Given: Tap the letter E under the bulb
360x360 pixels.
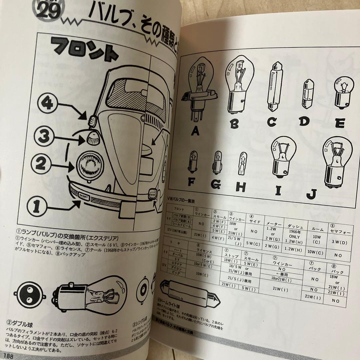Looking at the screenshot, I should (340, 123).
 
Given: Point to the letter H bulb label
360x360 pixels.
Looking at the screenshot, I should (240, 187).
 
